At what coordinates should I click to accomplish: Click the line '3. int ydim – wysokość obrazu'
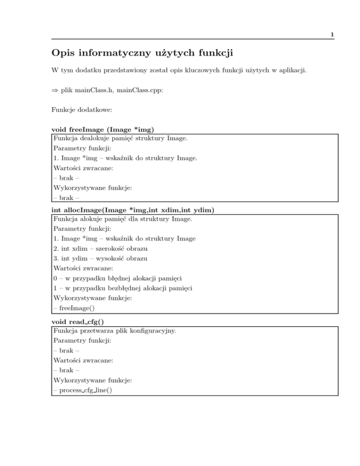pyautogui.click(x=106, y=259)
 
